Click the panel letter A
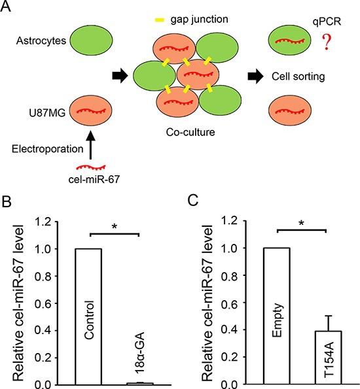click(x=8, y=8)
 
